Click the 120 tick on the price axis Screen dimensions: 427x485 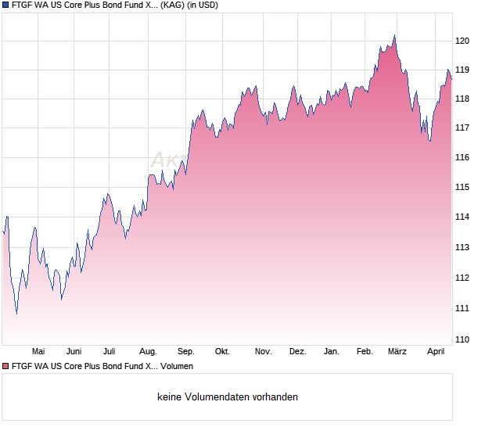coord(463,40)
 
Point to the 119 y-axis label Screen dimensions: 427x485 coord(463,70)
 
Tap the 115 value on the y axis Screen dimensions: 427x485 coord(463,187)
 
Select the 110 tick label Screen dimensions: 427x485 coord(463,339)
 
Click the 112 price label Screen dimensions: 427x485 coord(463,278)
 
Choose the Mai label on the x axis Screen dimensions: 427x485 coord(38,351)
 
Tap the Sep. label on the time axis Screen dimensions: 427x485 coord(186,351)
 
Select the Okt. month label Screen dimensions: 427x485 coord(222,351)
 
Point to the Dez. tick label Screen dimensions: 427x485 coord(297,351)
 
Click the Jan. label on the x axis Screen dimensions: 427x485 coord(332,351)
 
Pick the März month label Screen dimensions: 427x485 coord(397,351)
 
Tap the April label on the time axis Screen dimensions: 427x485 coord(436,351)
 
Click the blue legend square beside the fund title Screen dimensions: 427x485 coord(5,5)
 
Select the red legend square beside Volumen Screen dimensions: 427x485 coord(5,366)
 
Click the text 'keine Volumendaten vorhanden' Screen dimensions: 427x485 coord(228,397)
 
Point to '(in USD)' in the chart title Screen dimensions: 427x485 coord(203,5)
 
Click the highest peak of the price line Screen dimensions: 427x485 coord(394,35)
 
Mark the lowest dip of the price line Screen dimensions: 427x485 coord(16,314)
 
